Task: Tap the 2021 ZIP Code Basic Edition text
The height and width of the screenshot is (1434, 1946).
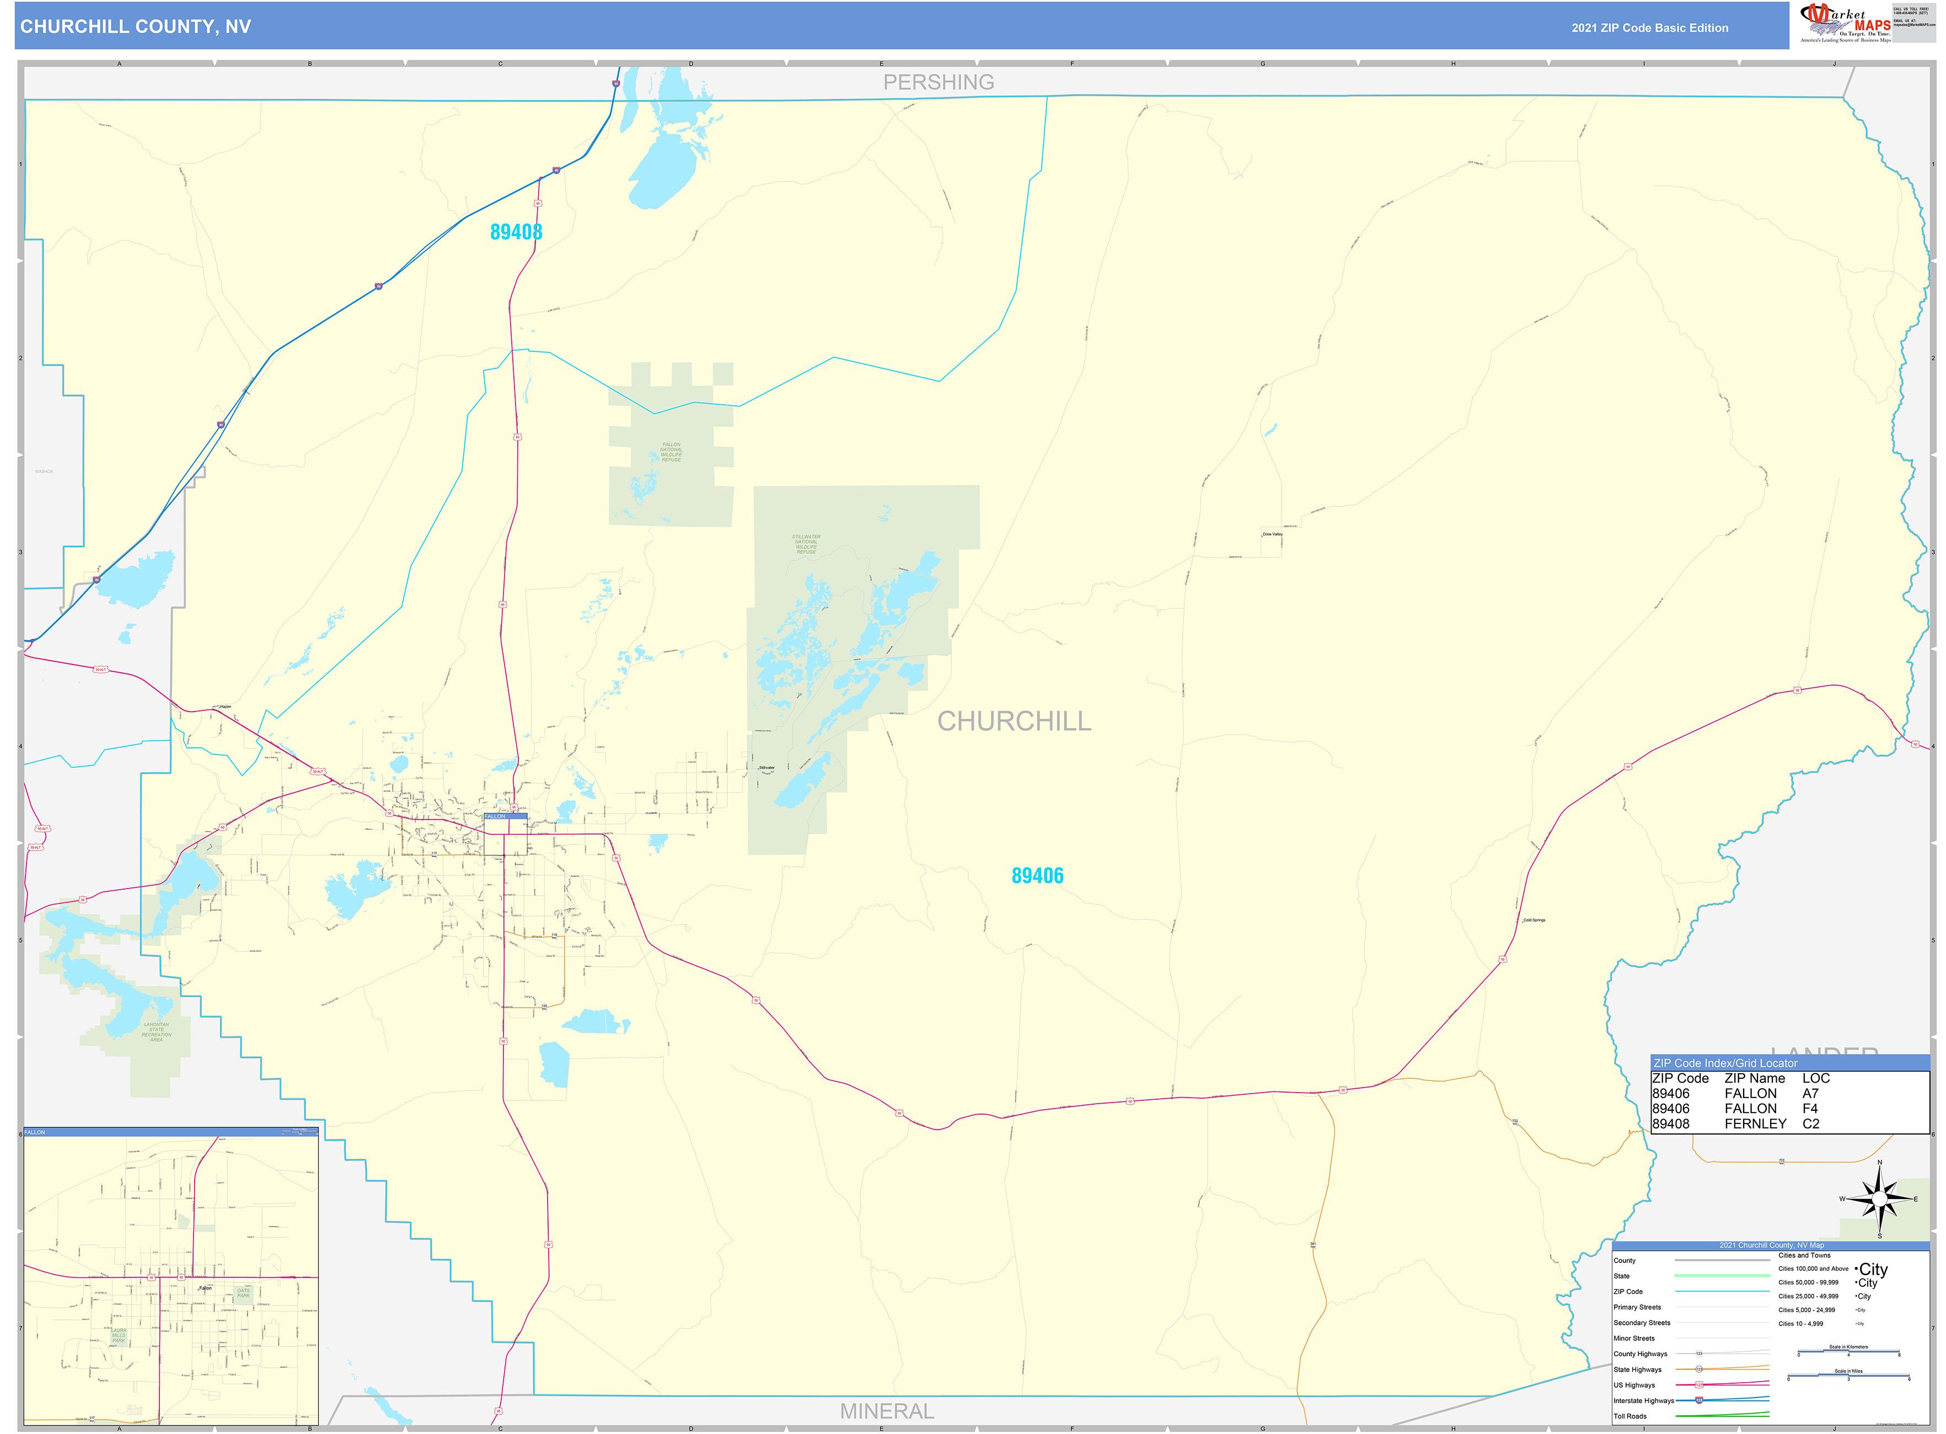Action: pos(1649,28)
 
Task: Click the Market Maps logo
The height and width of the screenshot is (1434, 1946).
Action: pos(1845,23)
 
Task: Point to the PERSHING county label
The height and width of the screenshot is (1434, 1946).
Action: pos(939,83)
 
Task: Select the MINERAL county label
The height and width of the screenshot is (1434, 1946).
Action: pos(886,1411)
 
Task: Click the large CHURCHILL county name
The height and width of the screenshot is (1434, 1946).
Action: pos(1014,720)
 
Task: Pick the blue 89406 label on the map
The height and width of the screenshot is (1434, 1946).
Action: pos(1037,876)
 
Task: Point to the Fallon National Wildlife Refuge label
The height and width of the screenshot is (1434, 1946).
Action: pos(671,451)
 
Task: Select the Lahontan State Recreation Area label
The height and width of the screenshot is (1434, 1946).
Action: pos(156,1031)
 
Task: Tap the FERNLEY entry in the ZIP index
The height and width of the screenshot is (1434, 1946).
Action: pos(1755,1123)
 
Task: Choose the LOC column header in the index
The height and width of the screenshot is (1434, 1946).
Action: pos(1816,1078)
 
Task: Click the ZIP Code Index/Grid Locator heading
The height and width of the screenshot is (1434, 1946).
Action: pos(1725,1062)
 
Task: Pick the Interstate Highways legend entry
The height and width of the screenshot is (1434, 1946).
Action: pos(1643,1400)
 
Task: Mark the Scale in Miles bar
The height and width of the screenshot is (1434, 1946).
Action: pos(1848,1376)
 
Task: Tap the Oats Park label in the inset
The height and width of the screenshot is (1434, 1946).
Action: pos(243,1292)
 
